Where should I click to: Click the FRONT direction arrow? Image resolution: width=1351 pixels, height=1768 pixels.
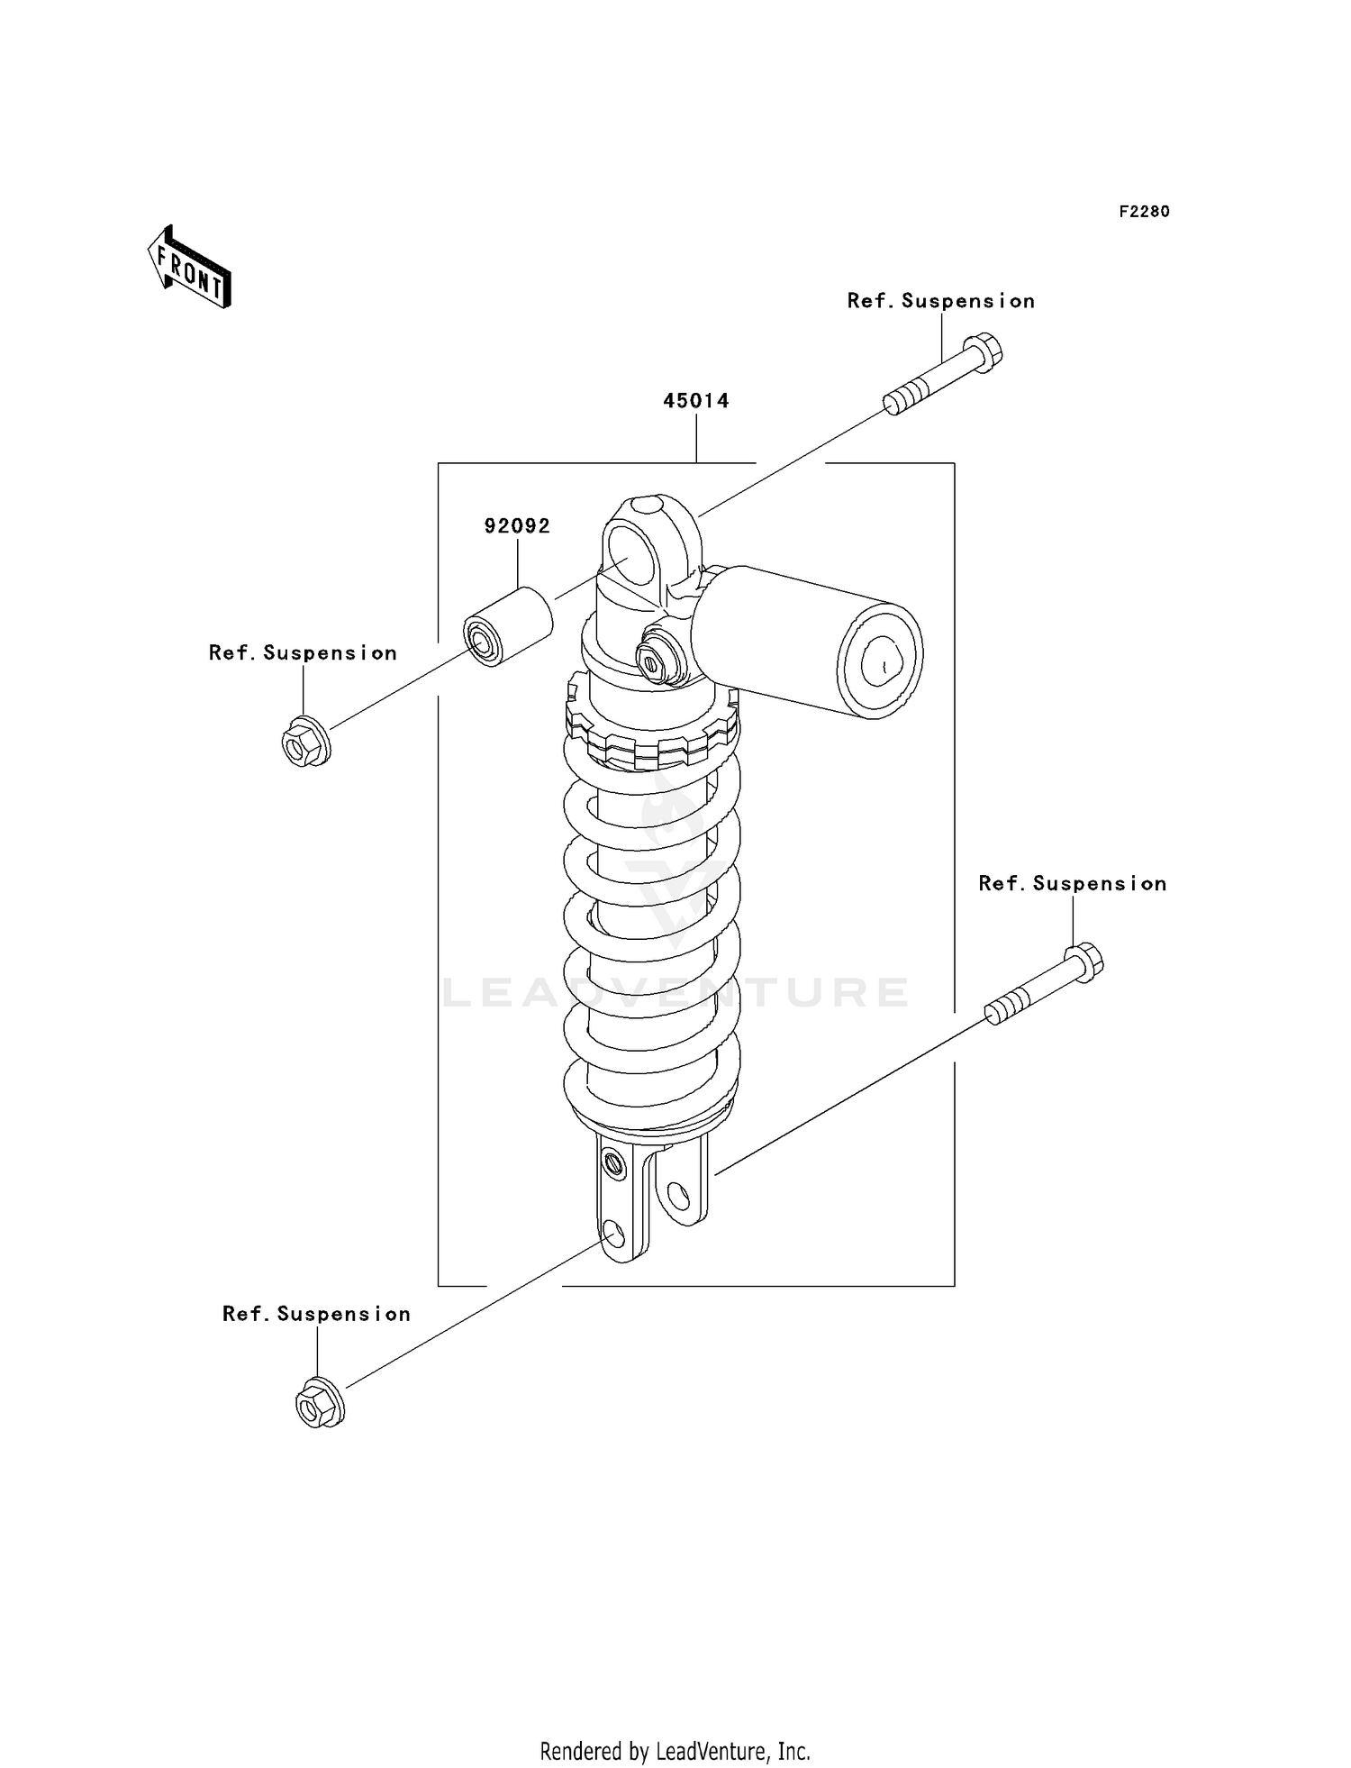pyautogui.click(x=190, y=268)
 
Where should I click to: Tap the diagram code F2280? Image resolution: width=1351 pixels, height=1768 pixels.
pyautogui.click(x=1144, y=212)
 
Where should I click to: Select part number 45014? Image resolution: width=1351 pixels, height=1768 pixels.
pyautogui.click(x=695, y=401)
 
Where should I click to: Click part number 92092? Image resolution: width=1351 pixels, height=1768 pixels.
pyautogui.click(x=517, y=526)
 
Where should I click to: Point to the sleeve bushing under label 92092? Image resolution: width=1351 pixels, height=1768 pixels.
pyautogui.click(x=507, y=627)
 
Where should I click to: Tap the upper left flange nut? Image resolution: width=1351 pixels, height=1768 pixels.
pyautogui.click(x=304, y=743)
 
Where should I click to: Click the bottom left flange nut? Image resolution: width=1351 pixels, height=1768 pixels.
pyautogui.click(x=319, y=1403)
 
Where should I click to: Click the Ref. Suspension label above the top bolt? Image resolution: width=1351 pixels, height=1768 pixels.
pyautogui.click(x=940, y=301)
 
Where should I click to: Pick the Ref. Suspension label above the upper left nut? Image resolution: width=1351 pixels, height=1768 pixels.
pyautogui.click(x=303, y=652)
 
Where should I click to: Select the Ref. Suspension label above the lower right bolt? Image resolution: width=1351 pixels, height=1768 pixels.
pyautogui.click(x=1072, y=883)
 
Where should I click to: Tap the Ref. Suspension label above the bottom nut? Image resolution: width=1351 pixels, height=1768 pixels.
pyautogui.click(x=316, y=1314)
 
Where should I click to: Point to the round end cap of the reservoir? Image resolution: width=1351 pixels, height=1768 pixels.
pyautogui.click(x=880, y=661)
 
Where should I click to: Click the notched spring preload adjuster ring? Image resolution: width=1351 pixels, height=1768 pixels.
pyautogui.click(x=651, y=730)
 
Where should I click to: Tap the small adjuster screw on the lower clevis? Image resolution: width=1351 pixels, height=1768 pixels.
pyautogui.click(x=614, y=1163)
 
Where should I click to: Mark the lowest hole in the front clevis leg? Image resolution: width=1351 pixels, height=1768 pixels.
pyautogui.click(x=614, y=1232)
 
